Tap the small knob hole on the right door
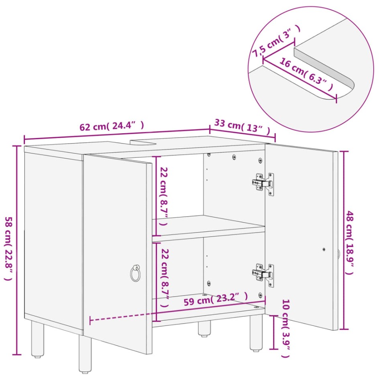pos(324,249)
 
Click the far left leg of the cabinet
pos(38,339)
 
